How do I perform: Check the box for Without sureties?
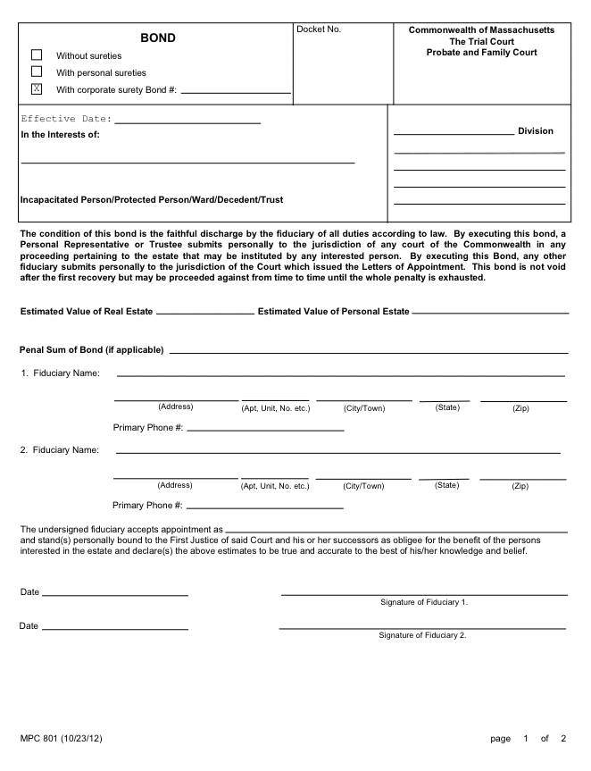37,55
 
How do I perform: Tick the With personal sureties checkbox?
37,71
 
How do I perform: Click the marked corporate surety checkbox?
37,88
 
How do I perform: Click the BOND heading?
158,38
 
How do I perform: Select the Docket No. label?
319,30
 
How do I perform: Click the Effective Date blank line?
187,121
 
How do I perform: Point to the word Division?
536,131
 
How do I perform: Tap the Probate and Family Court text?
481,53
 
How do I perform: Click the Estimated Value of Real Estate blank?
205,313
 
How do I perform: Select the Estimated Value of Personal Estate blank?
490,313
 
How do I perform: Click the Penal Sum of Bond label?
92,349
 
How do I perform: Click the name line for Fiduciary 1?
341,374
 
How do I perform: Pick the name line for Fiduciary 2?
338,452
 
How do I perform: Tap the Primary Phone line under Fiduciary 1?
265,429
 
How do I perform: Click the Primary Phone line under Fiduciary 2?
264,507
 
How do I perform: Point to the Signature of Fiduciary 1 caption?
424,602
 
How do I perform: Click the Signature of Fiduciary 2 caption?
422,635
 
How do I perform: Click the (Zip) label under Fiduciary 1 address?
520,408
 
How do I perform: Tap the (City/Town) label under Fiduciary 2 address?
363,486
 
